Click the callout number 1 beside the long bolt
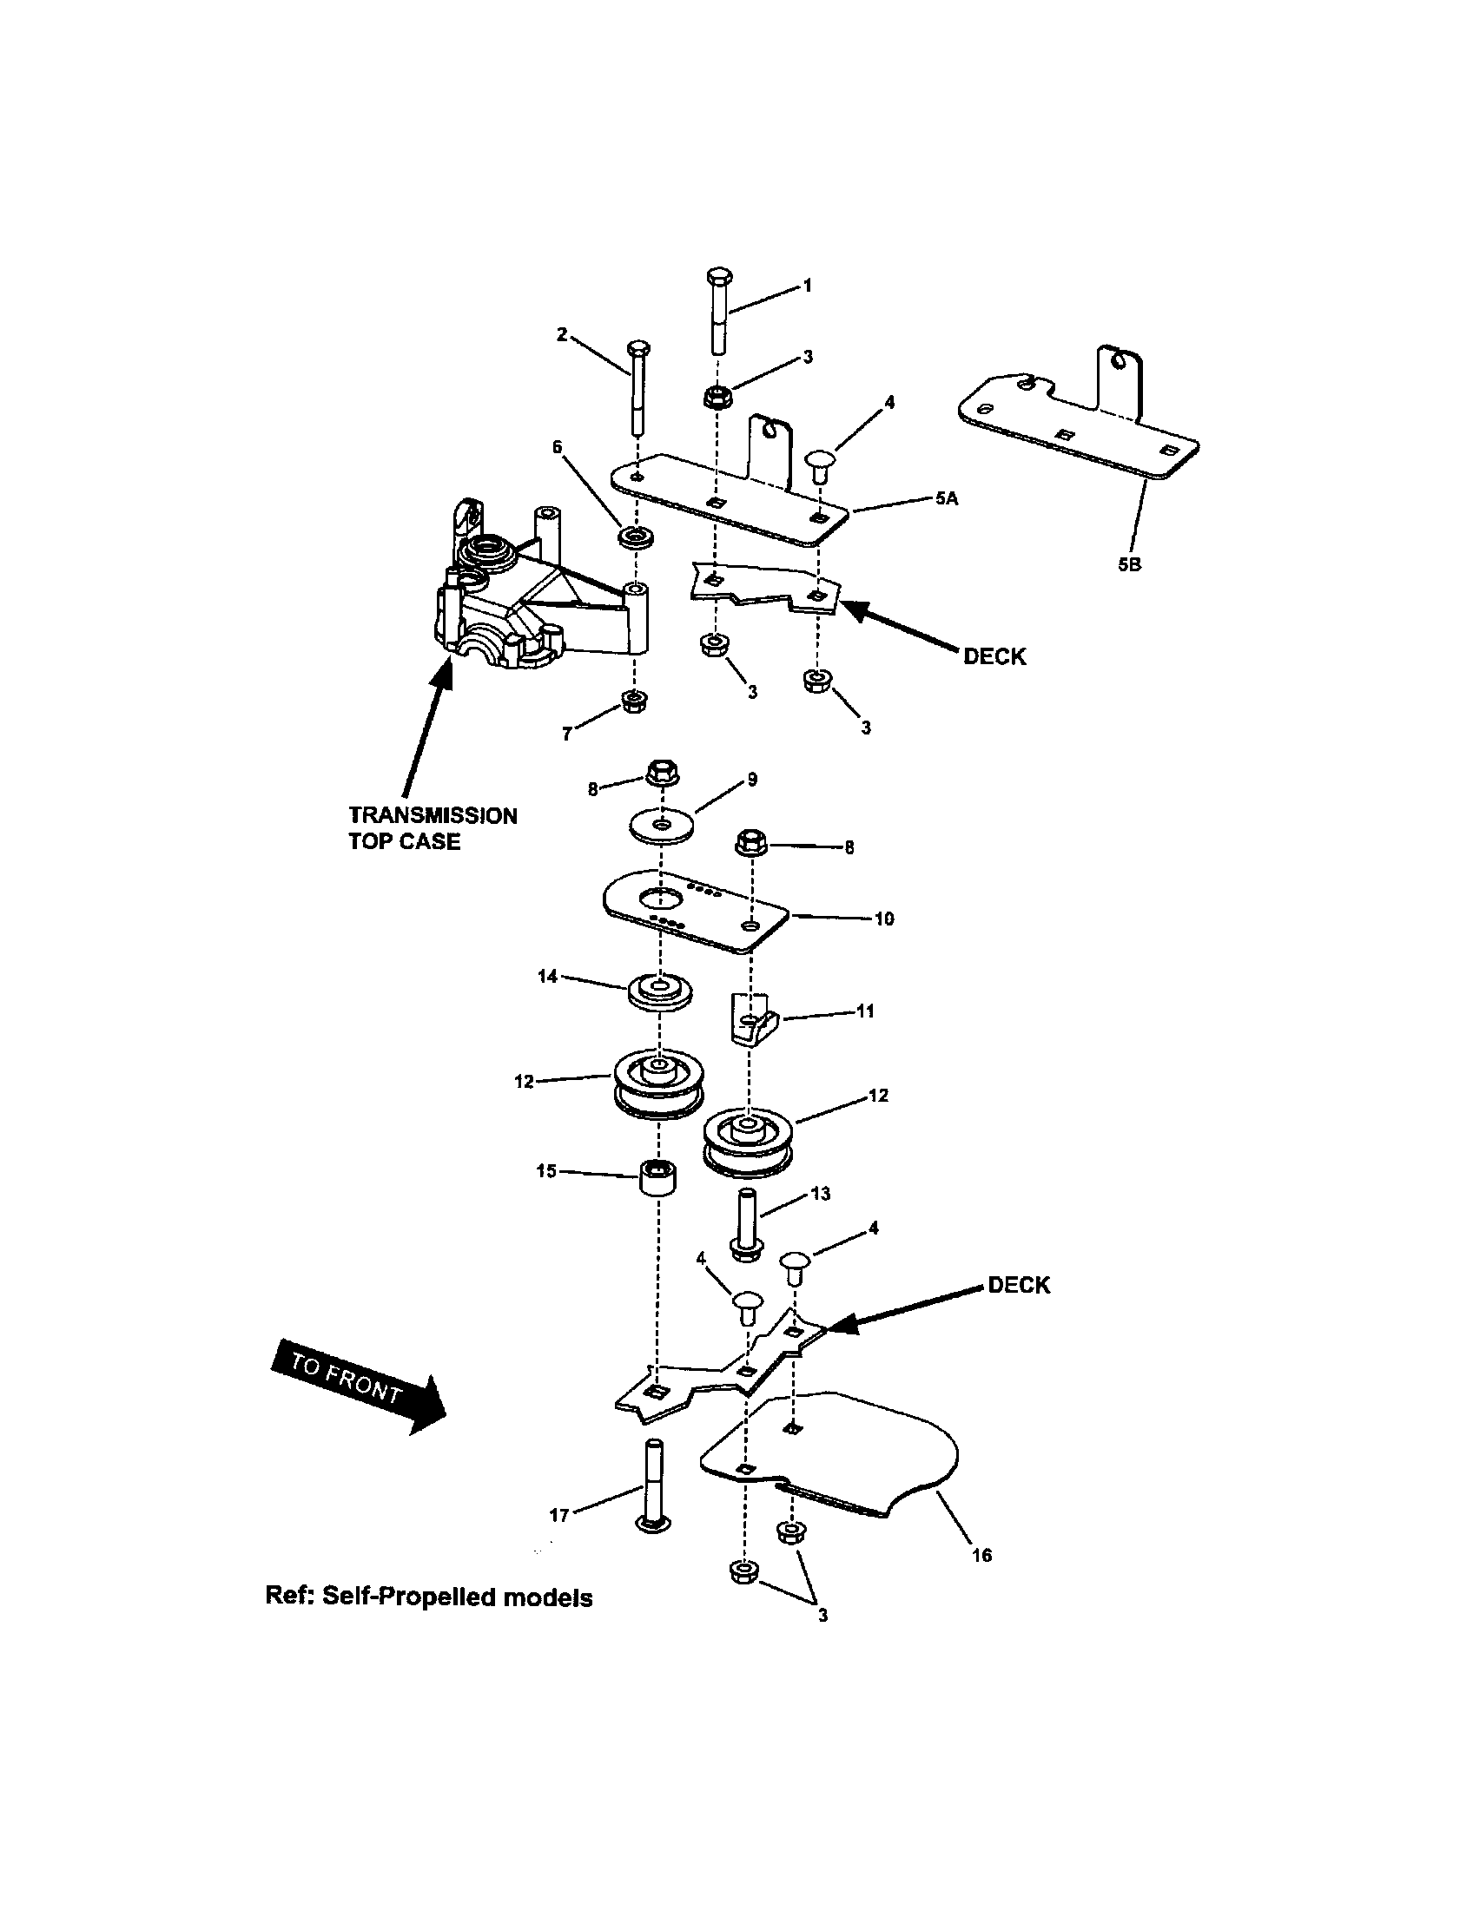click(808, 286)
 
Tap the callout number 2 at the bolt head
click(563, 334)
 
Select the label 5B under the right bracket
click(1129, 565)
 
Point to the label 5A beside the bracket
click(947, 498)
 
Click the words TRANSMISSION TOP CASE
click(433, 828)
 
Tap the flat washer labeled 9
click(662, 827)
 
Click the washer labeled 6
click(636, 536)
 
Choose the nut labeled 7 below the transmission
click(632, 701)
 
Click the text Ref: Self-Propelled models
click(428, 1597)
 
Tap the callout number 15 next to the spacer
click(546, 1170)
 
